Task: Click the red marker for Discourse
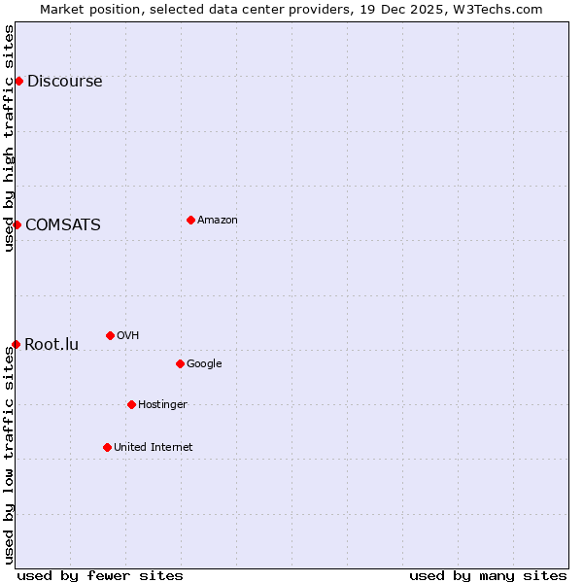coord(18,81)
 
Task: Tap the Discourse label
coord(64,82)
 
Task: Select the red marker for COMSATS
coord(17,224)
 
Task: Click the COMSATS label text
coord(62,225)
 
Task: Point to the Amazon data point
coord(190,220)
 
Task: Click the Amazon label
coord(217,221)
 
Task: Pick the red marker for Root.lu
coord(16,344)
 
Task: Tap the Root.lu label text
coord(51,345)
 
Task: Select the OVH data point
coord(110,335)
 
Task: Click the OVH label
coord(127,336)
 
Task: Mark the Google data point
coord(180,363)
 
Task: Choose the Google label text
coord(204,364)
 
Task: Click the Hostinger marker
coord(131,404)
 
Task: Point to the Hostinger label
coord(162,405)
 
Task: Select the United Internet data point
coord(107,447)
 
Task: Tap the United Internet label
coord(153,448)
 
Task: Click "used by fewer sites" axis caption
coord(100,576)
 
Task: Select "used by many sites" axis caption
coord(488,576)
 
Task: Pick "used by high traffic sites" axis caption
coord(10,138)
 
